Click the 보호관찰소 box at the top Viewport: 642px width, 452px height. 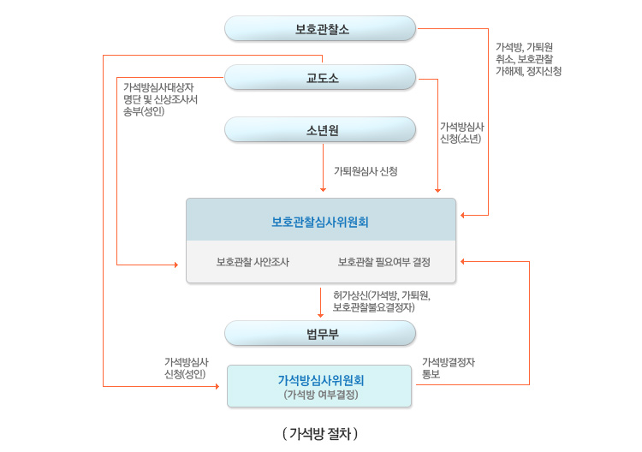click(x=321, y=28)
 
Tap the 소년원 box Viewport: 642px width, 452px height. click(x=321, y=130)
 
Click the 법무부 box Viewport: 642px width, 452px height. click(x=321, y=333)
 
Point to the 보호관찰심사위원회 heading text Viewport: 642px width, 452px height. click(x=320, y=222)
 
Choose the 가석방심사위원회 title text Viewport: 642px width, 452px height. click(x=320, y=379)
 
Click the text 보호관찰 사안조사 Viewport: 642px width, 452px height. click(x=253, y=262)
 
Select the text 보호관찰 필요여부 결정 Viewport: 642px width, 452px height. click(x=384, y=262)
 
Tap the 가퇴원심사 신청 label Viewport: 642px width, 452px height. click(x=366, y=171)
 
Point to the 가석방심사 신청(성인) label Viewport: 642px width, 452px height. click(x=187, y=368)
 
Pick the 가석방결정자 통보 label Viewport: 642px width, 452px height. click(x=449, y=368)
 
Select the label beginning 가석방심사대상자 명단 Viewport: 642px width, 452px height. click(x=161, y=98)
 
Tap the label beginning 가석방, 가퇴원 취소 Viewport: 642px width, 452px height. click(x=528, y=59)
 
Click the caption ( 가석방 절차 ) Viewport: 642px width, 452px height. click(x=320, y=434)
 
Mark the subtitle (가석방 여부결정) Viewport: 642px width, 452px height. click(x=320, y=395)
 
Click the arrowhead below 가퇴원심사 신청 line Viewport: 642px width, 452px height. click(x=323, y=189)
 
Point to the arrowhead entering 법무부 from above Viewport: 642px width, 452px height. click(x=320, y=314)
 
